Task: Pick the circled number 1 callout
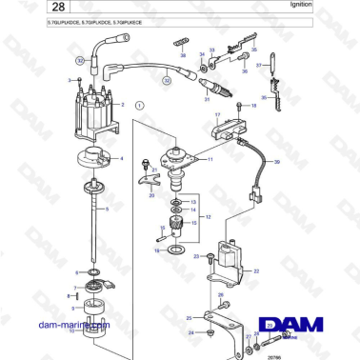[139, 105]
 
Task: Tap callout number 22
[255, 270]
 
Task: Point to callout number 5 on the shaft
[108, 208]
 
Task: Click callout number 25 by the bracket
[188, 316]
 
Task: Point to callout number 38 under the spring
[184, 56]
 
